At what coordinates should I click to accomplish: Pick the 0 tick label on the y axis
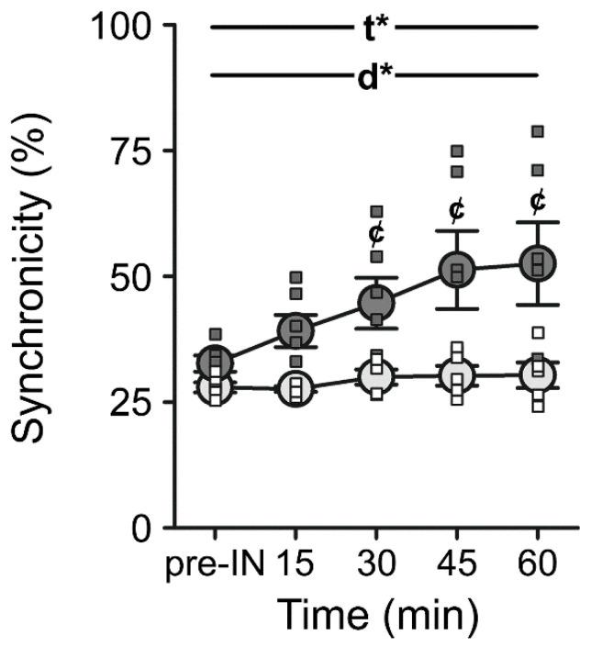pos(142,530)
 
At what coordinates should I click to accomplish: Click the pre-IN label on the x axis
pos(215,565)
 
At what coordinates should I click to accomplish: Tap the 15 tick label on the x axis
pos(295,565)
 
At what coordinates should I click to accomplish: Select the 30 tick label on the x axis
pos(376,565)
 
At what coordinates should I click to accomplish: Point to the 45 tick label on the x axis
pos(457,565)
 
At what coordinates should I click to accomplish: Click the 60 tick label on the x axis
pos(538,565)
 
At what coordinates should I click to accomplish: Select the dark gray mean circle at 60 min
pos(538,262)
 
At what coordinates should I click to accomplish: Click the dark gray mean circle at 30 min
pos(376,301)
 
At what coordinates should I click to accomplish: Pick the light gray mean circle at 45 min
pos(457,374)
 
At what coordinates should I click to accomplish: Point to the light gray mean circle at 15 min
pos(295,388)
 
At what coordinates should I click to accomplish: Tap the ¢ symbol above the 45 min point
pos(457,210)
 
